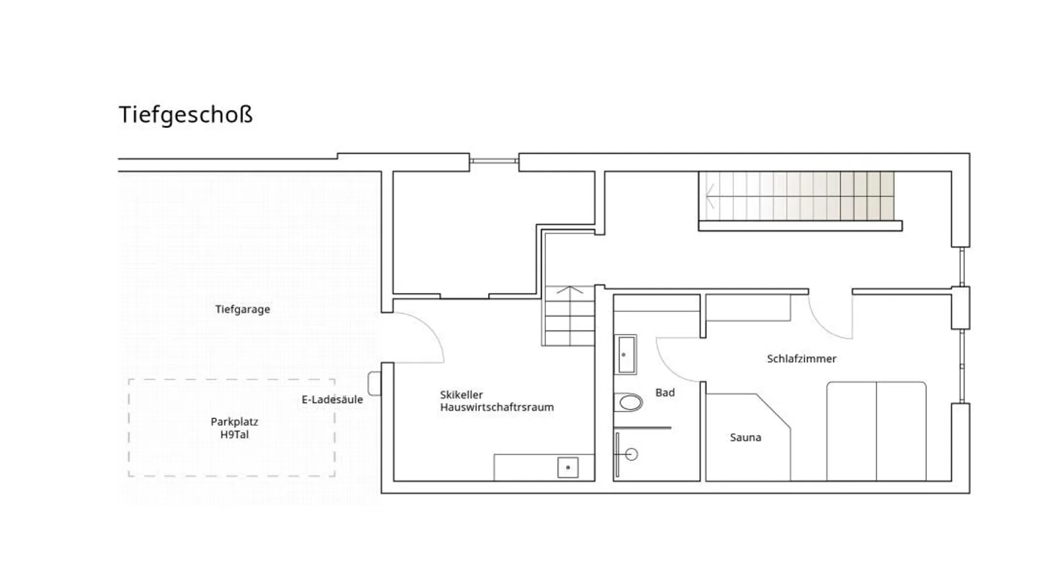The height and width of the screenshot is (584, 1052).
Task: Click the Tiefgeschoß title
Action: [186, 115]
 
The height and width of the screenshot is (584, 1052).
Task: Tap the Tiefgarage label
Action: [243, 310]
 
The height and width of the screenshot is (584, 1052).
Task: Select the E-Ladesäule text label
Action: [332, 399]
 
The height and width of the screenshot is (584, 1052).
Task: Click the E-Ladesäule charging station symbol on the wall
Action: [375, 384]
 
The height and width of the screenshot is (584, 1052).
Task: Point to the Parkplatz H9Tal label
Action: [234, 428]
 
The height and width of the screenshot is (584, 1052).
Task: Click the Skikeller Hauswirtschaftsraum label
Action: [497, 401]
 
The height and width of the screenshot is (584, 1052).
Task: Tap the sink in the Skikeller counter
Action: [567, 467]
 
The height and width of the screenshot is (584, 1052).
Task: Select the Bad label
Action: [665, 392]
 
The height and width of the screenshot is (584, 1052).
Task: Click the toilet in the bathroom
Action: [628, 402]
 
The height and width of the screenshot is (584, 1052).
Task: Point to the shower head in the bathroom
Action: [631, 454]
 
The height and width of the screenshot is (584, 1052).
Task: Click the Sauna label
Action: [746, 437]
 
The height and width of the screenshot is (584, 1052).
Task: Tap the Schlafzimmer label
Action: [802, 359]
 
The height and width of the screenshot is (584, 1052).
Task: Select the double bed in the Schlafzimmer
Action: [877, 431]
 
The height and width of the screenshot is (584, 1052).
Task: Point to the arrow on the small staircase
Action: [570, 290]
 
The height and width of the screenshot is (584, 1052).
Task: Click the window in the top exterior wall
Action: [494, 161]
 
